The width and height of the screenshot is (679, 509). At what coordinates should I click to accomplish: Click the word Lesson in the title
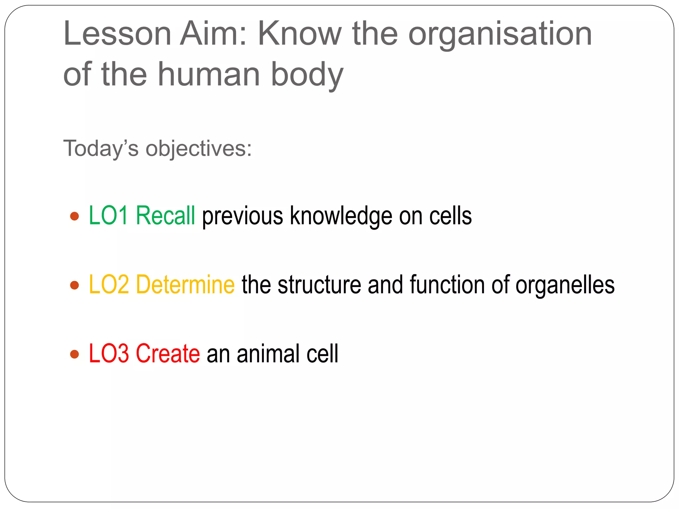pos(117,34)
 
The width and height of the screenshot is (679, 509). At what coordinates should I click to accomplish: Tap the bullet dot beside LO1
pos(75,216)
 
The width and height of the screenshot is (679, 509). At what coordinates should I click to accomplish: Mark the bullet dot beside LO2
pos(75,285)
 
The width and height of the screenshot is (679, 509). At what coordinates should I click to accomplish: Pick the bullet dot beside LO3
pos(75,354)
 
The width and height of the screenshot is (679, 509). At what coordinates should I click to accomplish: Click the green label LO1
pos(108,216)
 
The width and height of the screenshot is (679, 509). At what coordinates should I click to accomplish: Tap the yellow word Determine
pos(185,285)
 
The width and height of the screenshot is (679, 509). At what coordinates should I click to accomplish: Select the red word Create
pos(168,354)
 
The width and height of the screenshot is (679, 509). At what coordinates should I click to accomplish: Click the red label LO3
pos(108,354)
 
